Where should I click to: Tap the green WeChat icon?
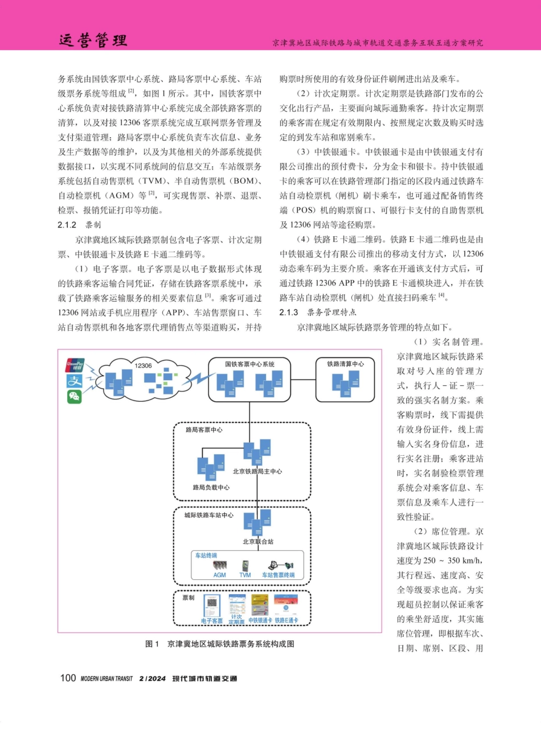point(75,397)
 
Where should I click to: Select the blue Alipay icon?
point(75,381)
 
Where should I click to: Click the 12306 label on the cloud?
point(143,366)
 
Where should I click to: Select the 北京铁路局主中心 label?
point(257,471)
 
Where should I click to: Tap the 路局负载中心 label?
point(211,487)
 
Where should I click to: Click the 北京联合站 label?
point(258,542)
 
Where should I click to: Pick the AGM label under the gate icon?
point(220,575)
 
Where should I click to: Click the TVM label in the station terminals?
point(245,575)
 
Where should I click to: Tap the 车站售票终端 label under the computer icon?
point(278,575)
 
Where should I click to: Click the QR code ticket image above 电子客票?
point(212,604)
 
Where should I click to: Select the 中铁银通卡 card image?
point(260,604)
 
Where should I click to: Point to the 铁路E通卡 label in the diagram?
point(286,620)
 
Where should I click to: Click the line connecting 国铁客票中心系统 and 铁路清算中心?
point(302,379)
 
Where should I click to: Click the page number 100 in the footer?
point(68,678)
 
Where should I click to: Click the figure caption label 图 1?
point(153,644)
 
